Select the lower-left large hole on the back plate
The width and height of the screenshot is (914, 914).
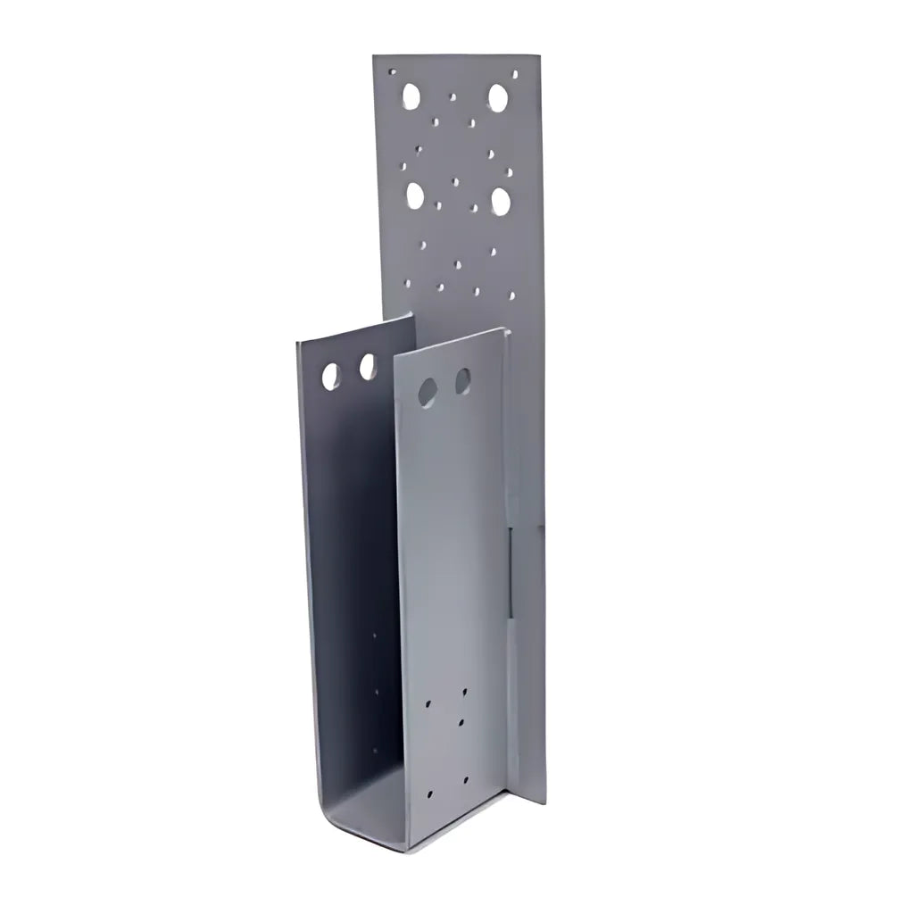(x=415, y=195)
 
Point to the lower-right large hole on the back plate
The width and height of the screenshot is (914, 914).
(x=501, y=201)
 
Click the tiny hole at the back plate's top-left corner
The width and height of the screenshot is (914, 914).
(x=390, y=69)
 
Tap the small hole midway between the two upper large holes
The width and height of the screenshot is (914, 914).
(x=453, y=96)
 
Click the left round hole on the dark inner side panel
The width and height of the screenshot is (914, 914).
(x=331, y=376)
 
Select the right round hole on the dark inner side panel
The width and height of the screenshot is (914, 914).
(x=368, y=366)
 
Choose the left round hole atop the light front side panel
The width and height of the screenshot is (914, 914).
(x=428, y=392)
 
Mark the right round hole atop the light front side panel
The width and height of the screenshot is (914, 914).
(x=462, y=381)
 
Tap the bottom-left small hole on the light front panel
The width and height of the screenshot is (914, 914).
(x=429, y=793)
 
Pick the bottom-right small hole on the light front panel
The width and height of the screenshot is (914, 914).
(x=466, y=779)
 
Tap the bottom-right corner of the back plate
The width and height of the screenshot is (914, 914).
(x=544, y=802)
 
